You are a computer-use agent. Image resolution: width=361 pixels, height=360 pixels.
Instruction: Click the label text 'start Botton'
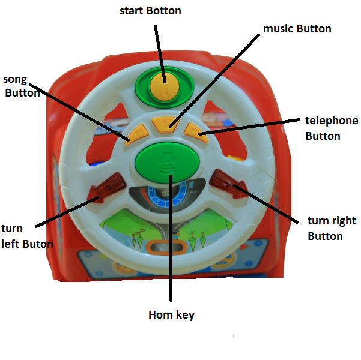coord(150,11)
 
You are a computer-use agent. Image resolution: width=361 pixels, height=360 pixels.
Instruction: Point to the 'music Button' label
coord(297,28)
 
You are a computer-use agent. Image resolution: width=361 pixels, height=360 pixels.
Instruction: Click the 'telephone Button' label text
coord(331,128)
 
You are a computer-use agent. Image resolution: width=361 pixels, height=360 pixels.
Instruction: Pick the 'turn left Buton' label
coord(27,236)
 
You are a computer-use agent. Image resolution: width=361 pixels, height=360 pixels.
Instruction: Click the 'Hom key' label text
coord(171,314)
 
